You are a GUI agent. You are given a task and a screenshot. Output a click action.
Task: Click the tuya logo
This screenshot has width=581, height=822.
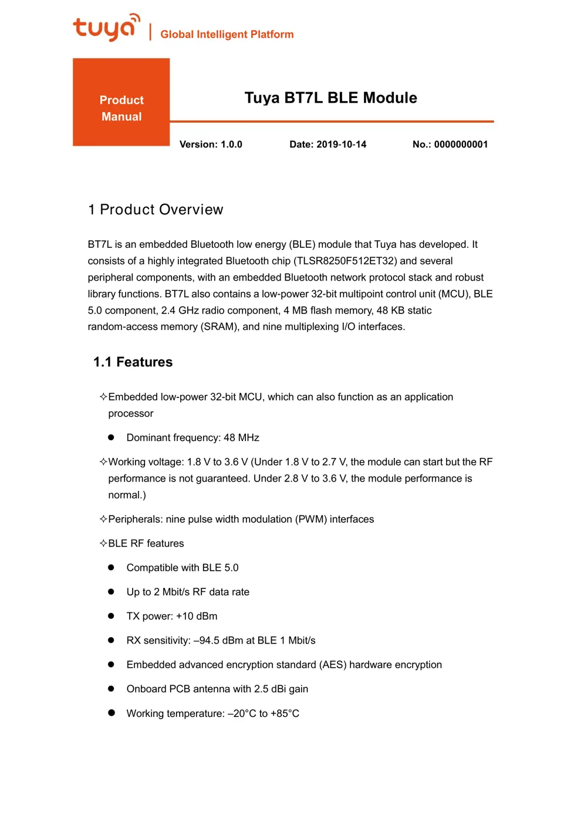coord(106,28)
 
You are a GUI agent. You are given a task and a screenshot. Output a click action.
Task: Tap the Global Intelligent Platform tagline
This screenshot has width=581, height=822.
coord(227,34)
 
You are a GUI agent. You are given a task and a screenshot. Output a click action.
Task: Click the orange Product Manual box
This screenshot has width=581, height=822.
coord(121,102)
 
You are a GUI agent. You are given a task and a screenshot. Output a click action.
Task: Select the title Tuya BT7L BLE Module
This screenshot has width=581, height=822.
coord(330,97)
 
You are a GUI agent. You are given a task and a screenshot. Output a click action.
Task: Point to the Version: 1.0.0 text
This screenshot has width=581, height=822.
coord(211,144)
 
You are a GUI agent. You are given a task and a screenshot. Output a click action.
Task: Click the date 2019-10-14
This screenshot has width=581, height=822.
coord(341,144)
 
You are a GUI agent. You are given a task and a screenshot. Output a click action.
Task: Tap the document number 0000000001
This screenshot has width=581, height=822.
coord(461,144)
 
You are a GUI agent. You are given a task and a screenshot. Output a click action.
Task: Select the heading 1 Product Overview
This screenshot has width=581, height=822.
coord(156,210)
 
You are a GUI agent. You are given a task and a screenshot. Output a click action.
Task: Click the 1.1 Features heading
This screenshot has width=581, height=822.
coord(133,362)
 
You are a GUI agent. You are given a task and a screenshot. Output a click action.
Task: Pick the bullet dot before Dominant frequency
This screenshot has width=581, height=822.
coord(111,437)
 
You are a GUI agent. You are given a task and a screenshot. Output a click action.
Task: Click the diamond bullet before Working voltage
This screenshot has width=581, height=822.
coord(103,462)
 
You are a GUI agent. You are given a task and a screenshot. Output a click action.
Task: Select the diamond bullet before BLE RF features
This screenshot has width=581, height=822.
coord(103,544)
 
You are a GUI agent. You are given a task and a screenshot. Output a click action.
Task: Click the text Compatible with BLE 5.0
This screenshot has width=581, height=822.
coord(183,568)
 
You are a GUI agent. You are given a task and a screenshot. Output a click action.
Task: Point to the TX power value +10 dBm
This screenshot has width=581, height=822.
coord(197,616)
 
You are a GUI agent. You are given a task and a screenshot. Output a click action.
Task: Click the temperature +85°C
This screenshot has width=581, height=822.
coord(285,714)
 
